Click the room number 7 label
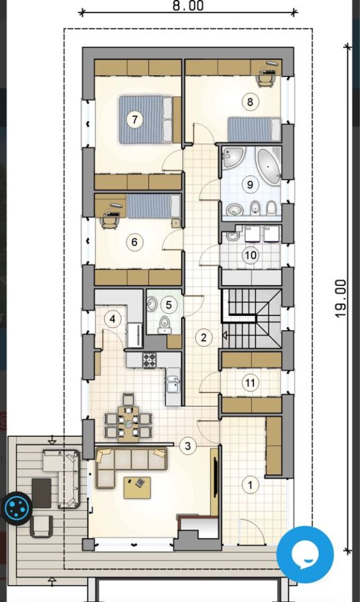(134, 119)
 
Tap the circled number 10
(250, 255)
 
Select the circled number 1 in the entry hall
(250, 485)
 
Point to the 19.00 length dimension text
(341, 298)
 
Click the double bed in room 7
(146, 119)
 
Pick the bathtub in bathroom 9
(268, 166)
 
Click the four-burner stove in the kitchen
(149, 360)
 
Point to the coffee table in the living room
(137, 488)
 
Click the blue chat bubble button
(305, 555)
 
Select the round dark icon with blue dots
(16, 508)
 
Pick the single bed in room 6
(154, 206)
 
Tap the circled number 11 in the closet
(250, 383)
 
